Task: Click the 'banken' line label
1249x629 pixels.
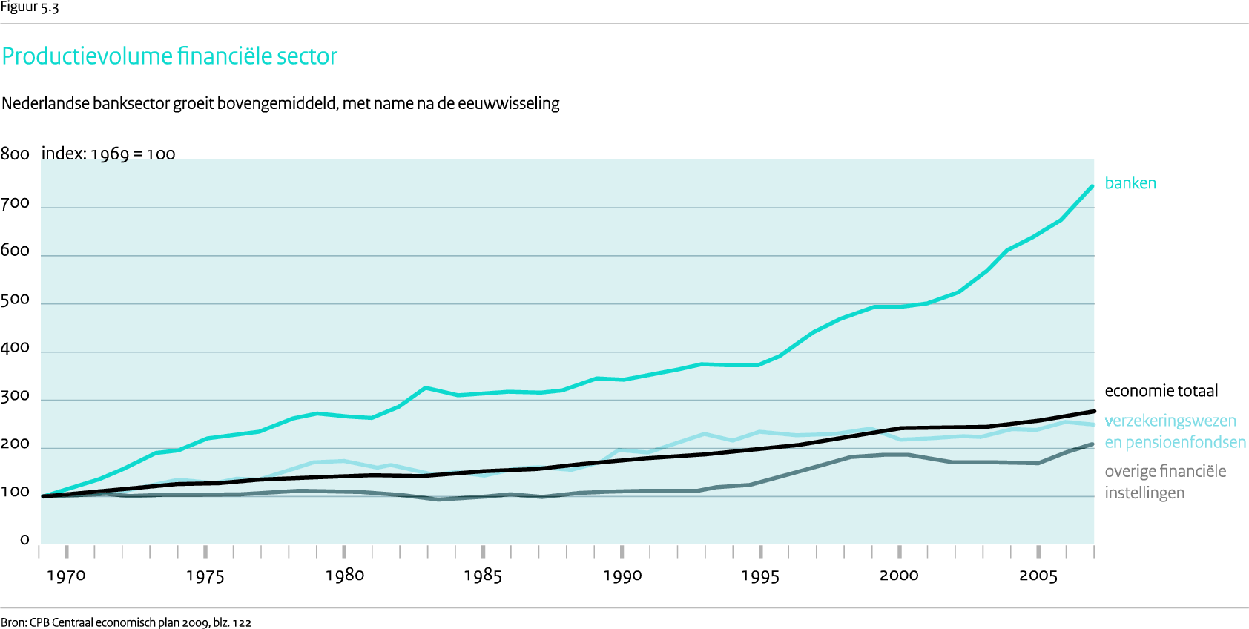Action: (x=1130, y=183)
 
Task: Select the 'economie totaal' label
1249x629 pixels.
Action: (x=1161, y=391)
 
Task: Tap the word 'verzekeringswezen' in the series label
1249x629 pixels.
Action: (x=1170, y=421)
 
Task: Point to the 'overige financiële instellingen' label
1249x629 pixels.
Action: (x=1164, y=482)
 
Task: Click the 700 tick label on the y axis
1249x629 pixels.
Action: (x=15, y=203)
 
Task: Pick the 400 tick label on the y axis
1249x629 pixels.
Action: (x=15, y=348)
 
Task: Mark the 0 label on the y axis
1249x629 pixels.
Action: (x=24, y=540)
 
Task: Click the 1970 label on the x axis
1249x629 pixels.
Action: (x=66, y=576)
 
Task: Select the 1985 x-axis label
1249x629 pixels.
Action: (x=483, y=576)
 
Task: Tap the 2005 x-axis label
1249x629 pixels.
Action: (x=1038, y=576)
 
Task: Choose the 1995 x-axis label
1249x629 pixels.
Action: (x=760, y=576)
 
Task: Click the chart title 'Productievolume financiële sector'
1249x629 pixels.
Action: (x=170, y=56)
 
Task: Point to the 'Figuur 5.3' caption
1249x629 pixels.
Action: (x=30, y=7)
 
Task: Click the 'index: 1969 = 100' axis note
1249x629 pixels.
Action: (x=108, y=154)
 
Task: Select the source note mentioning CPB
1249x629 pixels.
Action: (x=126, y=622)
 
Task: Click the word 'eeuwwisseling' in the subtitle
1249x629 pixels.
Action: (x=508, y=103)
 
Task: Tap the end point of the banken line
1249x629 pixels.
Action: (x=1093, y=186)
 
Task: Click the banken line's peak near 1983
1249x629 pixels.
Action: (x=426, y=387)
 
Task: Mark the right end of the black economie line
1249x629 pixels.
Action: (x=1094, y=411)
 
